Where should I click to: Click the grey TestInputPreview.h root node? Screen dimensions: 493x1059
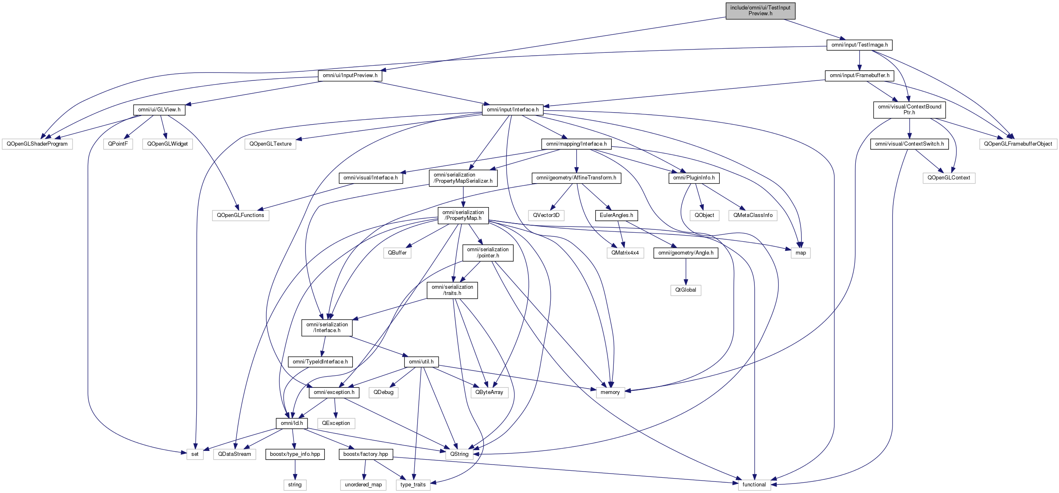[760, 11]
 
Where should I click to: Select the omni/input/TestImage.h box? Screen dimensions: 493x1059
[859, 45]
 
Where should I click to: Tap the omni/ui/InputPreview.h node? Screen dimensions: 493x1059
[350, 75]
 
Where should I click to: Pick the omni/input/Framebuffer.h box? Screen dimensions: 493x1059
[859, 75]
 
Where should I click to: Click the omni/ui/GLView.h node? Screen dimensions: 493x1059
[159, 110]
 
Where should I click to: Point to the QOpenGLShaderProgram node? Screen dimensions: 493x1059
[37, 144]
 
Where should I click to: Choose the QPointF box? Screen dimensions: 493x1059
[118, 144]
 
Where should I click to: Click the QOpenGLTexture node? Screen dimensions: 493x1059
[270, 144]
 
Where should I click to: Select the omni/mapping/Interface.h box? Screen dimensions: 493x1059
[576, 144]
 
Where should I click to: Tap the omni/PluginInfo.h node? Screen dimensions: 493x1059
[694, 178]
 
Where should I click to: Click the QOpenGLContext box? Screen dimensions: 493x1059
[949, 178]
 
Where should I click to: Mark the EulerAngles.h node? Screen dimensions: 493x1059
[616, 215]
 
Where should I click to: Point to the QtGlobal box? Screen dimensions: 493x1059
[686, 290]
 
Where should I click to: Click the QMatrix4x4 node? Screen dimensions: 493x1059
[625, 253]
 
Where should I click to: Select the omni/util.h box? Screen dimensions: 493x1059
[421, 362]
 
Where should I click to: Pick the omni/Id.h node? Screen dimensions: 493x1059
[291, 423]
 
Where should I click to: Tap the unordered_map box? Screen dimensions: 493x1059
[363, 485]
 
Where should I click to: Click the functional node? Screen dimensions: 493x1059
[754, 485]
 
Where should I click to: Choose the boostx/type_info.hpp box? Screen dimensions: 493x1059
[295, 454]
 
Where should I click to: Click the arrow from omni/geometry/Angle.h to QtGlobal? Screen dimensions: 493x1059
[686, 271]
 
